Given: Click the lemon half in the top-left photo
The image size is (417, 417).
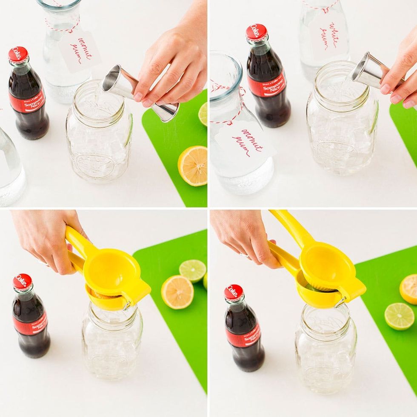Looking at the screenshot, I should pos(193,166).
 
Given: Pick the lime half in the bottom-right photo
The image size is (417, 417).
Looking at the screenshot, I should pos(399,316).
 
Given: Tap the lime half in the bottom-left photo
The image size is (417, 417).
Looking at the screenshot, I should pos(192,271).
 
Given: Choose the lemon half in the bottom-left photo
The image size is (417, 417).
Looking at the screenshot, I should pos(177,292).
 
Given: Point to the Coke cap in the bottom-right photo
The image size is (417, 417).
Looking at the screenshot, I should pos(234,292).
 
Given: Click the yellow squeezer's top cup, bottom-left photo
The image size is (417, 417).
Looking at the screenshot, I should pos(112,272).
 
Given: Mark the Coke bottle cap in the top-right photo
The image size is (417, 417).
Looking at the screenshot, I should pos(257,33).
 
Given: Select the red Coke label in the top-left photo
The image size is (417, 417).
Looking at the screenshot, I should pos(28,102).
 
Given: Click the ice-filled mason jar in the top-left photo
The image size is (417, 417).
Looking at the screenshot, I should pos(99,136).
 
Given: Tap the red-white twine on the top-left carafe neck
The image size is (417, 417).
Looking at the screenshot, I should pos(63,26).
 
